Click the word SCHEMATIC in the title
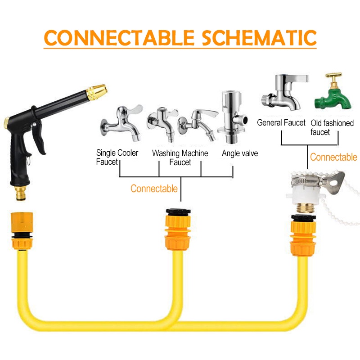259,37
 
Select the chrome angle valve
233,117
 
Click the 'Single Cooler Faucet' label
117,157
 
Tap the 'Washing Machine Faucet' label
180,158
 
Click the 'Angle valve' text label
240,153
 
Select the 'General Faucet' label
281,122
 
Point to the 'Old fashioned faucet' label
332,128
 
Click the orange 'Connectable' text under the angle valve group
154,189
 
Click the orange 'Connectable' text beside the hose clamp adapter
333,157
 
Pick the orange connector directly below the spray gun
22,231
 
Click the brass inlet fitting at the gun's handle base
21,193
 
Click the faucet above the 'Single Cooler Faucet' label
121,123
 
